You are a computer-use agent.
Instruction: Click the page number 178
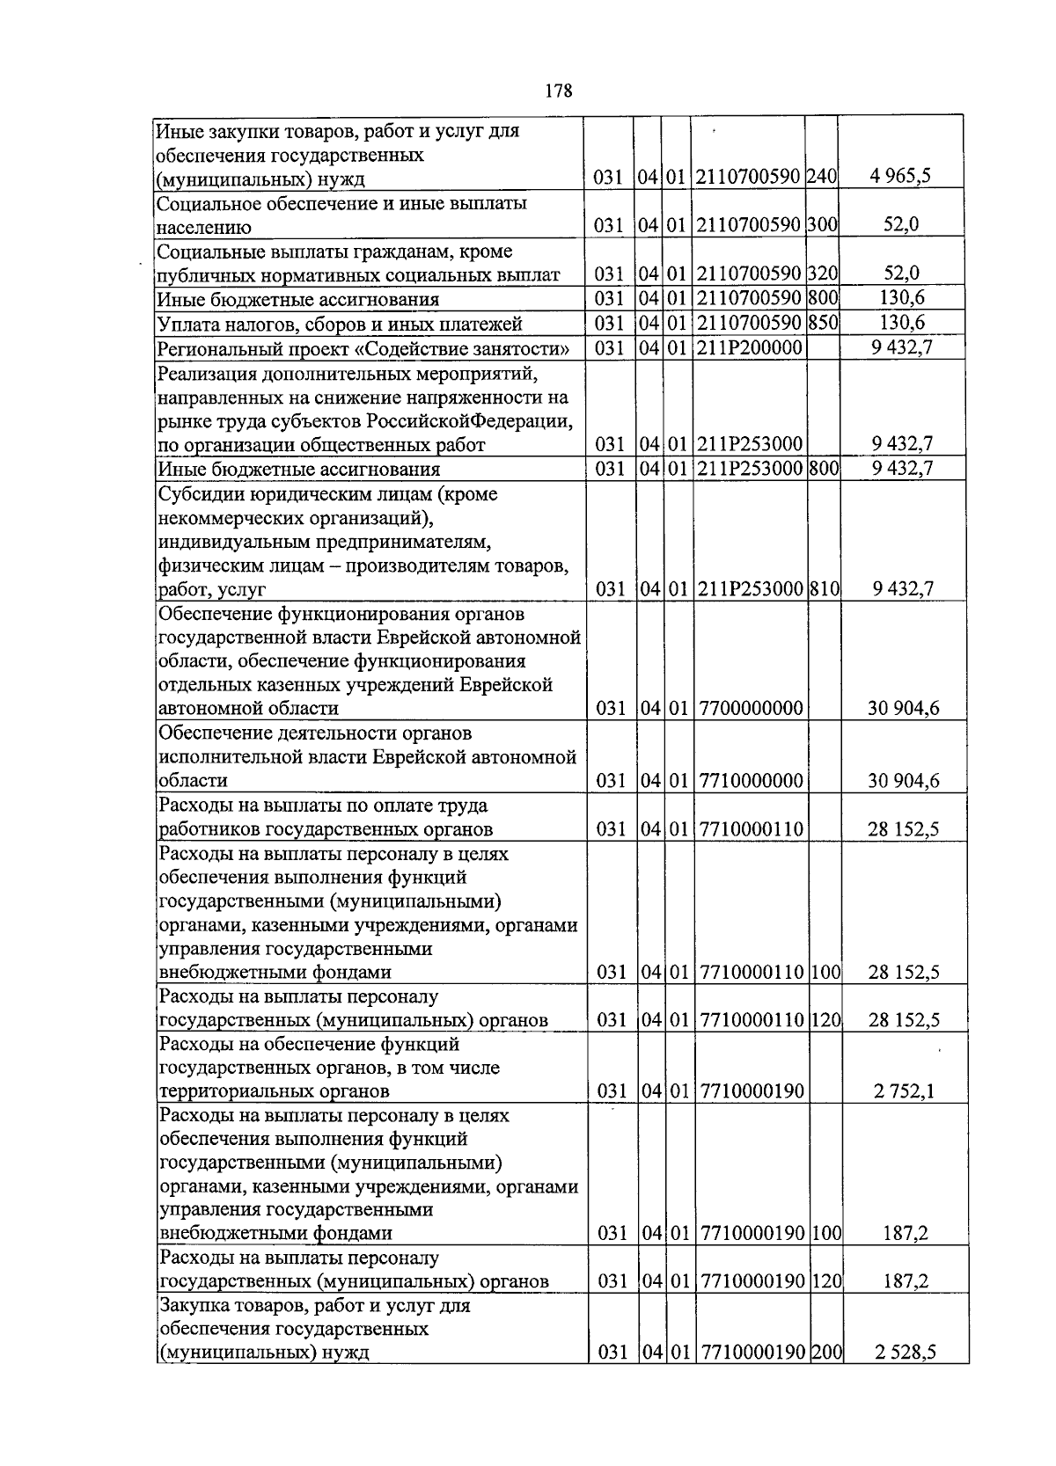559,91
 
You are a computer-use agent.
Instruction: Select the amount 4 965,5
900,177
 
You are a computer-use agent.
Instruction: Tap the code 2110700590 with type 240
749,178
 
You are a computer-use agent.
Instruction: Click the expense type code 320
823,274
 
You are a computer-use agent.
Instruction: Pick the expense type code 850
823,323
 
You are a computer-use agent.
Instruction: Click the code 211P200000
749,347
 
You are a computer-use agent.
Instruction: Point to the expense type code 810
825,588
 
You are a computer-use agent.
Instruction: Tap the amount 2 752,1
904,1091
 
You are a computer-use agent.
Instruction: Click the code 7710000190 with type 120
752,1281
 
